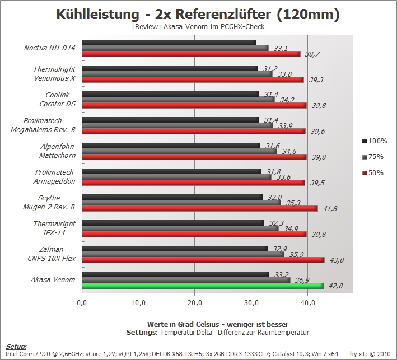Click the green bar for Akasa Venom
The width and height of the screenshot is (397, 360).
coord(203,286)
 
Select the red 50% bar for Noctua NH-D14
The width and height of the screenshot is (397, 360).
coord(191,54)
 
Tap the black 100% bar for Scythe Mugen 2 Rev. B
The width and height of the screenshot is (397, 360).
coord(172,197)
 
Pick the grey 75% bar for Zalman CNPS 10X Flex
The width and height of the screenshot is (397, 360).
coord(183,254)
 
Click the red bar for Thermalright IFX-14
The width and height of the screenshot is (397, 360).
coord(194,234)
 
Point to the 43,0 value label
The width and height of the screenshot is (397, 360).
coord(337,260)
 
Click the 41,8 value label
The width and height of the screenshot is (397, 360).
coord(330,209)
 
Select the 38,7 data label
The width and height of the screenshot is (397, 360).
coord(312,54)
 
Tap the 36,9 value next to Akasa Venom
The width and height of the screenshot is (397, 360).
coord(302,280)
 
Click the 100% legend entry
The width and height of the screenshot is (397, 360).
coord(375,141)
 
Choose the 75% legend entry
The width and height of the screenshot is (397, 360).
coord(373,157)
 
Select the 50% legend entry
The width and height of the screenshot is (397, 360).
coord(373,173)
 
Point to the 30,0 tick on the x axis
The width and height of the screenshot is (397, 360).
coord(251,302)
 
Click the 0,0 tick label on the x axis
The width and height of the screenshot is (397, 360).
coord(82,302)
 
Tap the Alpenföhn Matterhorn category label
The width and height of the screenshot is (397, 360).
coord(58,151)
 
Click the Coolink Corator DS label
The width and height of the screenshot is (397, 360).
coord(58,100)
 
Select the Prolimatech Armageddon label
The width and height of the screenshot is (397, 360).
coord(54,177)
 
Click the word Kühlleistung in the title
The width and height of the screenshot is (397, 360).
coord(98,14)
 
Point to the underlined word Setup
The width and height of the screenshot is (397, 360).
coord(16,347)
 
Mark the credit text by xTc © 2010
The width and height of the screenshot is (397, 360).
coord(370,354)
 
